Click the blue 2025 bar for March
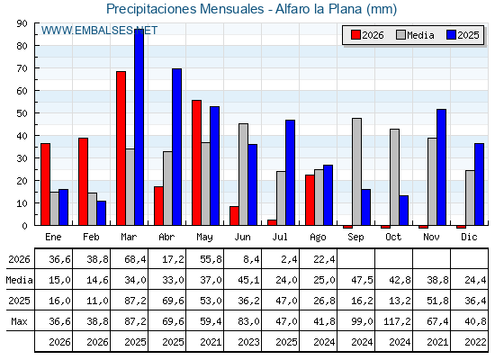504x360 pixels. click(x=139, y=127)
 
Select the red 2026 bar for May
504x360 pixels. click(x=197, y=163)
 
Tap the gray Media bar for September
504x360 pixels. click(x=356, y=172)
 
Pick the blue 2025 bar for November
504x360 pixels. click(x=441, y=167)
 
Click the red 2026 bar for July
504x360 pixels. click(x=272, y=222)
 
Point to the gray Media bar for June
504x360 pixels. click(x=243, y=175)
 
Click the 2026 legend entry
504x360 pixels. click(x=367, y=35)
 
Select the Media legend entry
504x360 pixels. click(x=415, y=35)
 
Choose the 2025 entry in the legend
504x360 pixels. click(x=463, y=35)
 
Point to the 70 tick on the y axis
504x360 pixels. click(x=22, y=68)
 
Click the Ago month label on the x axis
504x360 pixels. click(x=318, y=238)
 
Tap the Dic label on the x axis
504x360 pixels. click(x=469, y=237)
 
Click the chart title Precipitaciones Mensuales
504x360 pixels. click(x=184, y=9)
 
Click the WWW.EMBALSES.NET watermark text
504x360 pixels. click(x=99, y=31)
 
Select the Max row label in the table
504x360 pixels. click(x=19, y=321)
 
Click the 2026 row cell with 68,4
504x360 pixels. click(x=135, y=259)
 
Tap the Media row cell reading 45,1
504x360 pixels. click(x=248, y=280)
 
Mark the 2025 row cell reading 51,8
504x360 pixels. click(x=437, y=301)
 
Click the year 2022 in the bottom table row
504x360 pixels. click(x=475, y=342)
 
